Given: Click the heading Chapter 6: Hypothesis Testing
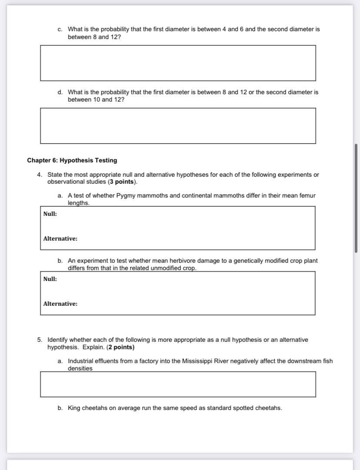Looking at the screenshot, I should click(72, 160).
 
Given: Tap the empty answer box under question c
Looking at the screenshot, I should click(178, 63).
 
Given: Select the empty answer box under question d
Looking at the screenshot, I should click(178, 126).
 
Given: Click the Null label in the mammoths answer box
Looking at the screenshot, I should click(50, 214).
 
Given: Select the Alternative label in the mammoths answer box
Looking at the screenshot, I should click(60, 238).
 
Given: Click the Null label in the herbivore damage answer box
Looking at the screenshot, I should click(50, 279).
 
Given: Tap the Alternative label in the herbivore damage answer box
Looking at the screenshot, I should click(60, 304).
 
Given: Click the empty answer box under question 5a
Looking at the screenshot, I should click(178, 384).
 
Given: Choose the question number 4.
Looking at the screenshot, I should click(39, 175).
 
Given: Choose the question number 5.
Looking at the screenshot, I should click(39, 340).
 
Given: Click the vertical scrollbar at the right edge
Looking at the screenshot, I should click(356, 198).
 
